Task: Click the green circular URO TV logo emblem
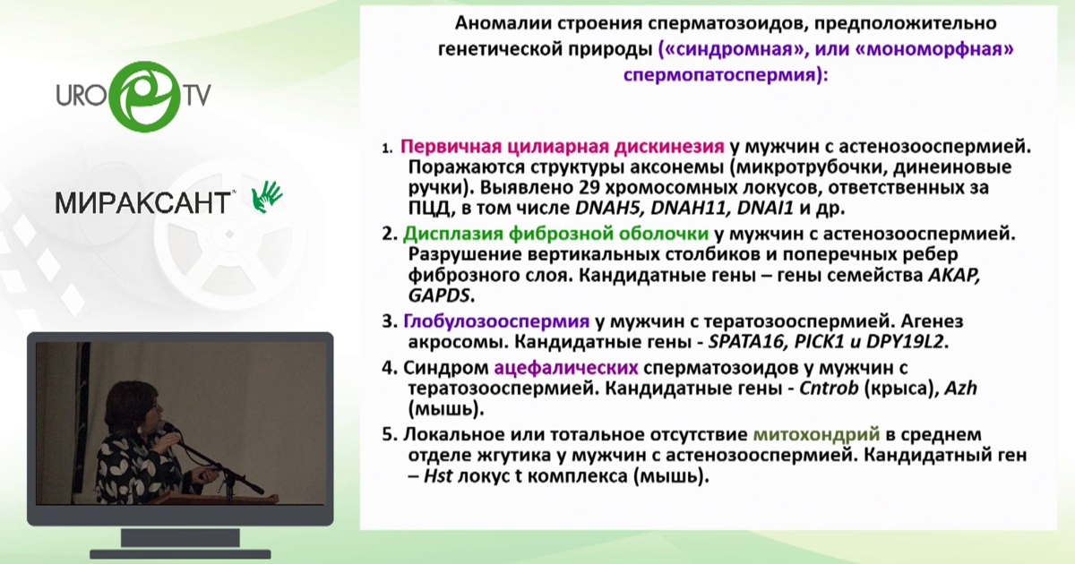145,97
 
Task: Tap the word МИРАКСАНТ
143,203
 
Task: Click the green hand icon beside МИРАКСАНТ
267,197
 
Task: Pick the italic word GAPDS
439,295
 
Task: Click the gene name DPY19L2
905,341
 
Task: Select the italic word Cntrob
829,388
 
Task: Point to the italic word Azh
960,388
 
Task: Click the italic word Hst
438,476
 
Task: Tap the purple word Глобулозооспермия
496,320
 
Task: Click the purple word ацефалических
566,368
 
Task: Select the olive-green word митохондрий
816,434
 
